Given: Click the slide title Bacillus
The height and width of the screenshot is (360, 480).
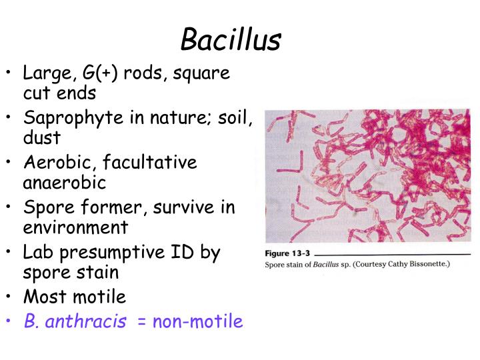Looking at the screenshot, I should point(231,40).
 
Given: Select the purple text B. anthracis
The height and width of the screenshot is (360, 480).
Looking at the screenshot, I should point(75,321).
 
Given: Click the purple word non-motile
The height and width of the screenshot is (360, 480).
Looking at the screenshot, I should point(198,321).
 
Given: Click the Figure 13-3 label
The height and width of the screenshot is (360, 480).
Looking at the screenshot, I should point(286,254).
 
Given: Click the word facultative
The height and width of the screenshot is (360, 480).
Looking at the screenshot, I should point(155,162).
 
